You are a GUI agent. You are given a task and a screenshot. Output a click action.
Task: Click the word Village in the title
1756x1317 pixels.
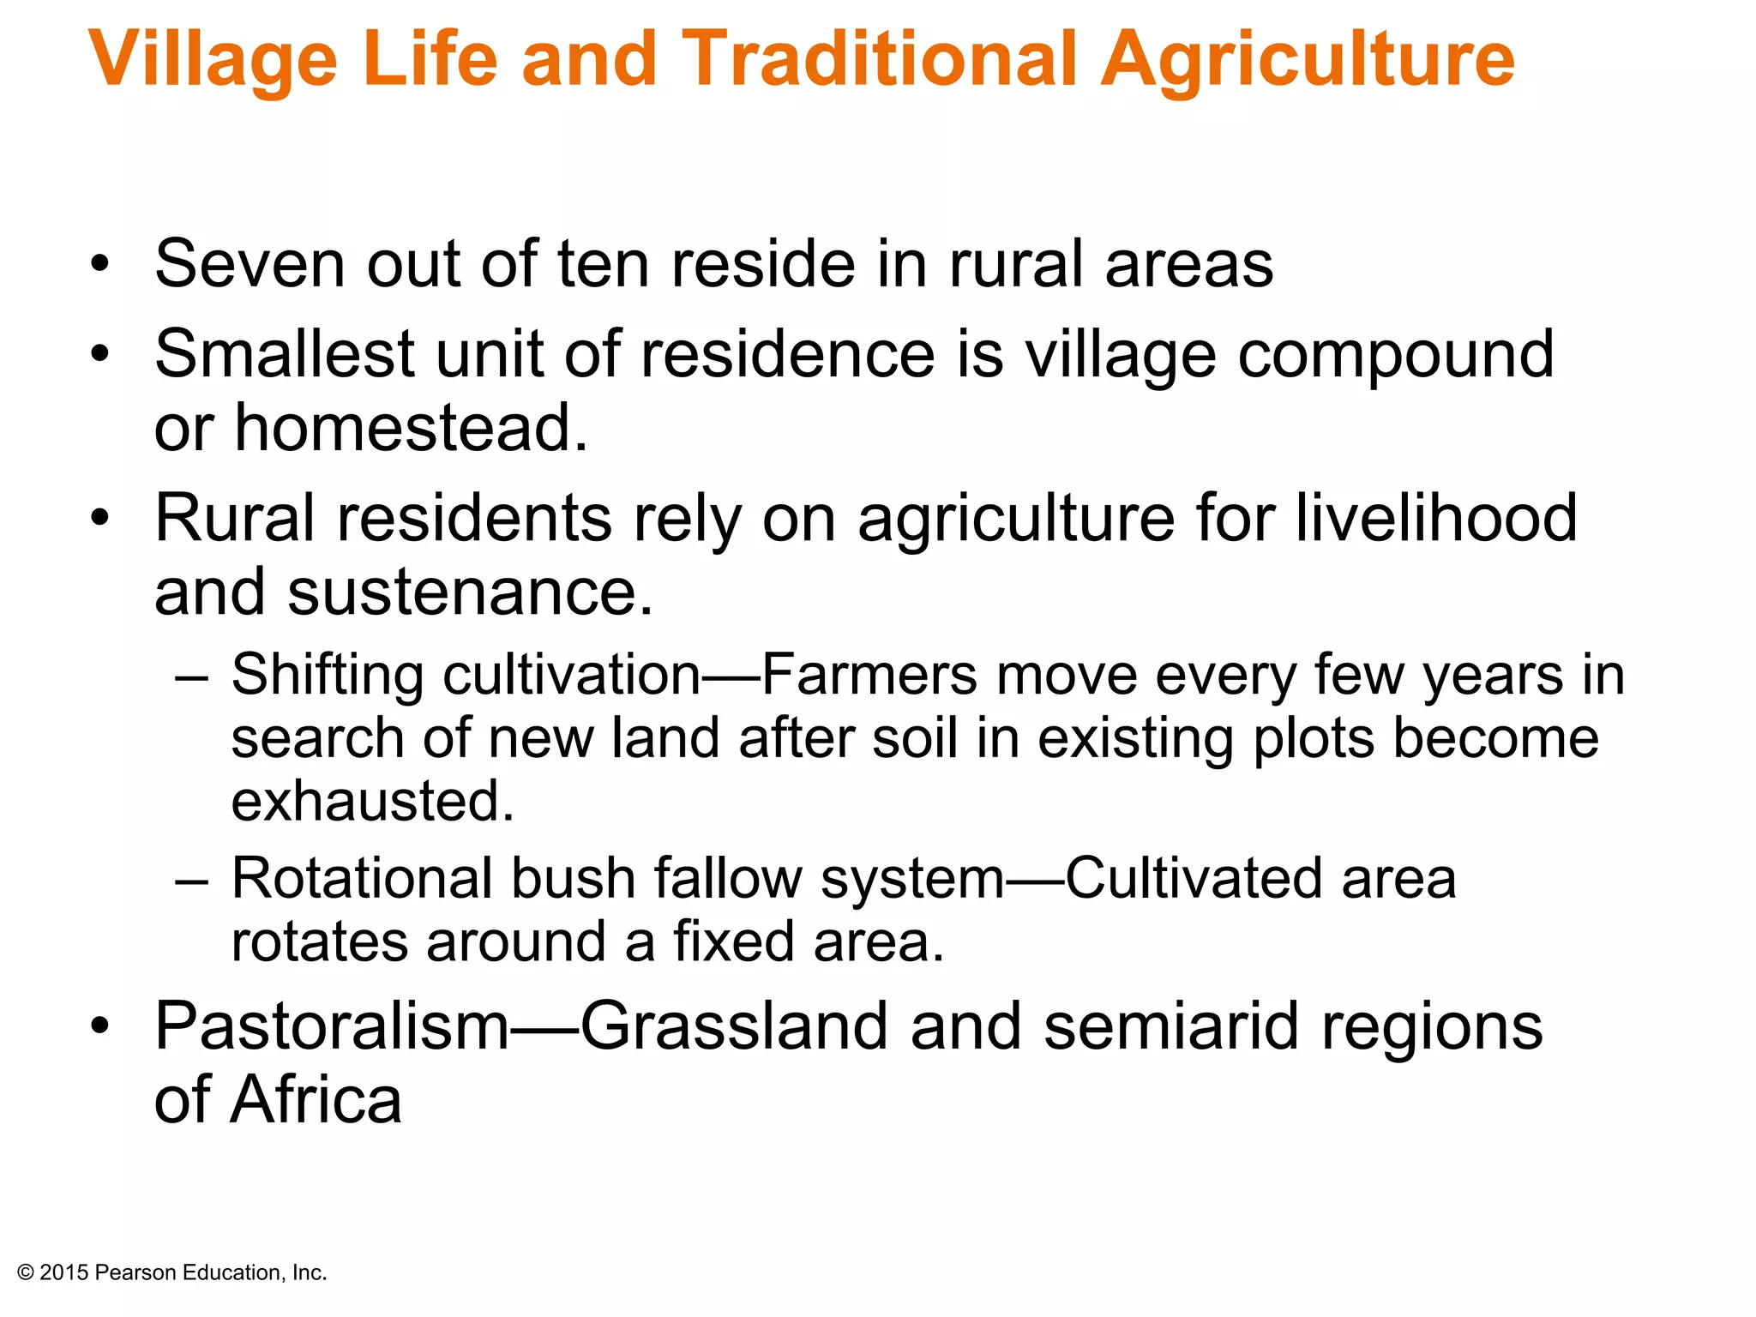213,60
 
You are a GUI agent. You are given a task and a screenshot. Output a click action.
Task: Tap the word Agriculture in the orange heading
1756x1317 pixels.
1308,60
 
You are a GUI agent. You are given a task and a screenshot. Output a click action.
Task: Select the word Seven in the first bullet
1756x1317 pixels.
250,264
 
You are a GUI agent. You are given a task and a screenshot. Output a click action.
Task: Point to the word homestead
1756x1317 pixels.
412,428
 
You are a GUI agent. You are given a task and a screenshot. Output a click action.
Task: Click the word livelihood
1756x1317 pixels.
1436,519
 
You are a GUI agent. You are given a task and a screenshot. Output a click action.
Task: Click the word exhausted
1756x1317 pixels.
373,801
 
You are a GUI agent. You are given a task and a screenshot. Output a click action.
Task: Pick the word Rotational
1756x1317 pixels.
362,879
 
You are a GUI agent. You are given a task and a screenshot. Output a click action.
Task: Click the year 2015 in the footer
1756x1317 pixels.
64,1273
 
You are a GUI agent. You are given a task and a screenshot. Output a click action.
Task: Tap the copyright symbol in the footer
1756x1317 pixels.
26,1273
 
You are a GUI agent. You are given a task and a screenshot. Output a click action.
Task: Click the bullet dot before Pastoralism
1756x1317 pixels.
100,1026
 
